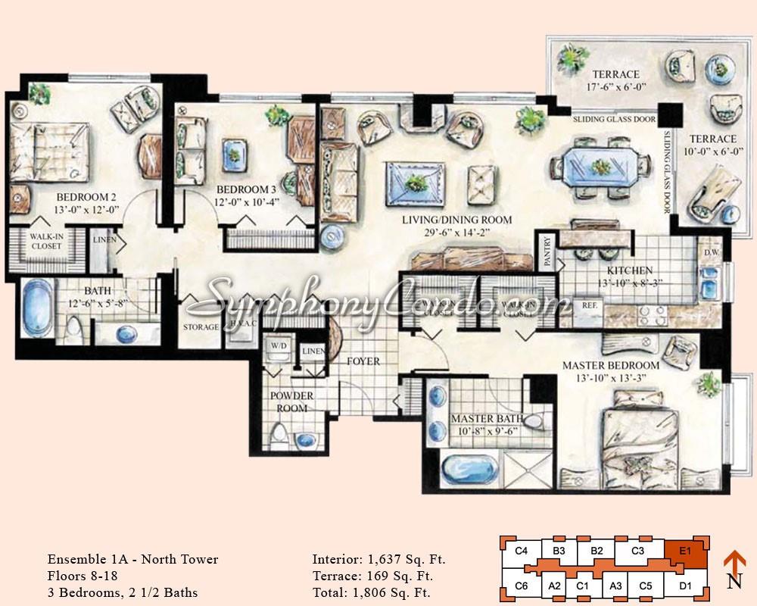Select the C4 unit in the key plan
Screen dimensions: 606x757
click(520, 551)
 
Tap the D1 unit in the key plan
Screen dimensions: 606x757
click(685, 585)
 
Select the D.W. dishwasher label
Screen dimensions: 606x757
click(712, 251)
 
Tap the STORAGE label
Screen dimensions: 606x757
click(201, 327)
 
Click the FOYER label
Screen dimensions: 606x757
click(363, 361)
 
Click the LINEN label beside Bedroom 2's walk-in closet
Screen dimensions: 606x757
click(103, 240)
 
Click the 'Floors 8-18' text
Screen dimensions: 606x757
click(83, 576)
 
